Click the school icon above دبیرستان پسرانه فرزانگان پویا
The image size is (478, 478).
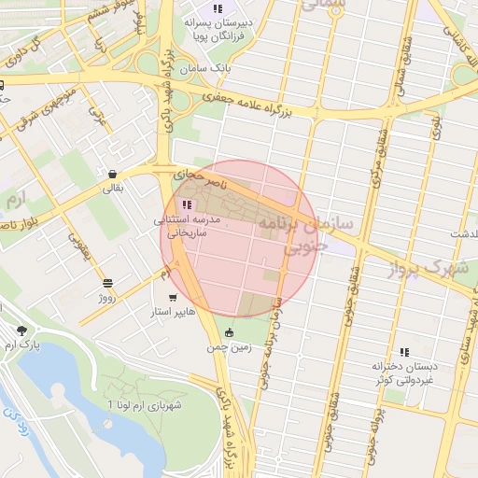click(x=218, y=8)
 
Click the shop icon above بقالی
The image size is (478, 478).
click(x=112, y=173)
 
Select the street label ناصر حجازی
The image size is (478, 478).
click(x=193, y=175)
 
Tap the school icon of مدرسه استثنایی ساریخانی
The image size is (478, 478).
click(x=187, y=204)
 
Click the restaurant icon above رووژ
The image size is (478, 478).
click(x=108, y=282)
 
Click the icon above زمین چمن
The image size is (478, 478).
click(x=230, y=332)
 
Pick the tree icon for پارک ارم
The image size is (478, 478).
click(x=21, y=330)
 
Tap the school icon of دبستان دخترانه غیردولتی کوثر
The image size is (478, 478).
click(x=403, y=352)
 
